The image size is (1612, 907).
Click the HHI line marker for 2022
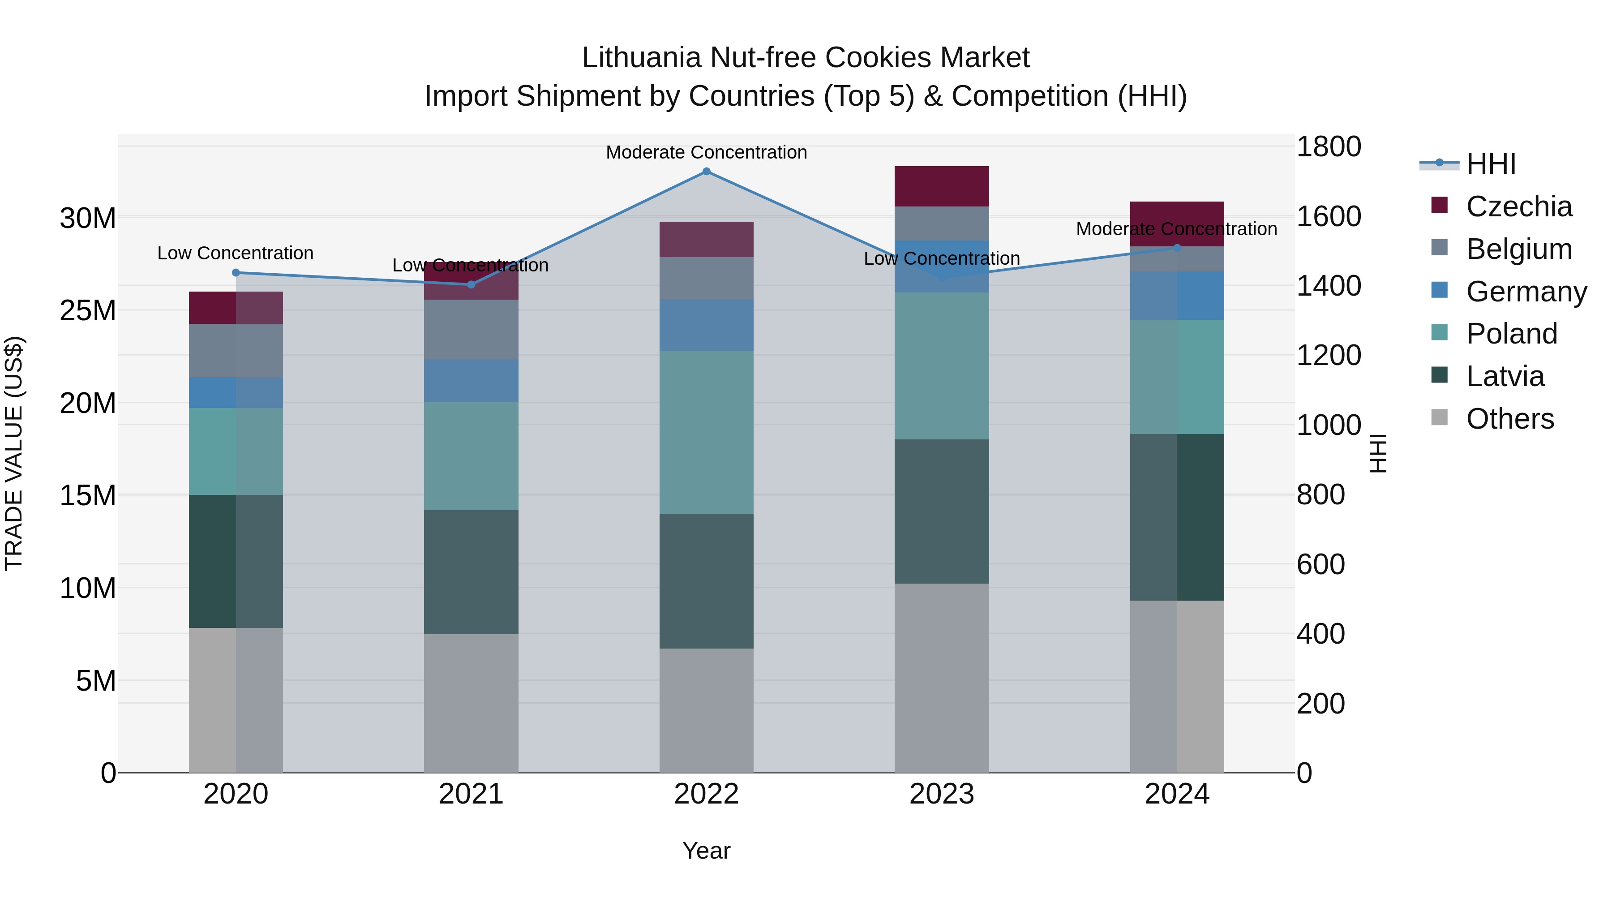pyautogui.click(x=707, y=172)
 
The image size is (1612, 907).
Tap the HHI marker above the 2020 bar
pyautogui.click(x=236, y=272)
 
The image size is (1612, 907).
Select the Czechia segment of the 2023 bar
pyautogui.click(x=941, y=186)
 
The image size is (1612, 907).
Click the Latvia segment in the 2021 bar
pyautogui.click(x=471, y=572)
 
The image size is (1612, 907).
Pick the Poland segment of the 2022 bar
pyautogui.click(x=707, y=432)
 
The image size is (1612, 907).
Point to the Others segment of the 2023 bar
pyautogui.click(x=941, y=678)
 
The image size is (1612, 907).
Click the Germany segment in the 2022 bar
pyautogui.click(x=707, y=325)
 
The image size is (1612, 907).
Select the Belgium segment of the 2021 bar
pyautogui.click(x=471, y=329)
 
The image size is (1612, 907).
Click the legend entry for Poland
pyautogui.click(x=1511, y=334)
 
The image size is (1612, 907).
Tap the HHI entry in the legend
pyautogui.click(x=1491, y=164)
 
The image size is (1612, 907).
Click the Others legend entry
pyautogui.click(x=1509, y=419)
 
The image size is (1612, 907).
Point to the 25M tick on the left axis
pyautogui.click(x=88, y=310)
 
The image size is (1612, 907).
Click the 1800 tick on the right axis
pyautogui.click(x=1329, y=147)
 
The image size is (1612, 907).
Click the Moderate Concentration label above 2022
pyautogui.click(x=707, y=152)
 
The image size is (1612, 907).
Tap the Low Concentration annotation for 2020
pyautogui.click(x=235, y=253)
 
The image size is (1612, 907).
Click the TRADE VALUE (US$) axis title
pyautogui.click(x=14, y=453)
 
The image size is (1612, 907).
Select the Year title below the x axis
pyautogui.click(x=707, y=851)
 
